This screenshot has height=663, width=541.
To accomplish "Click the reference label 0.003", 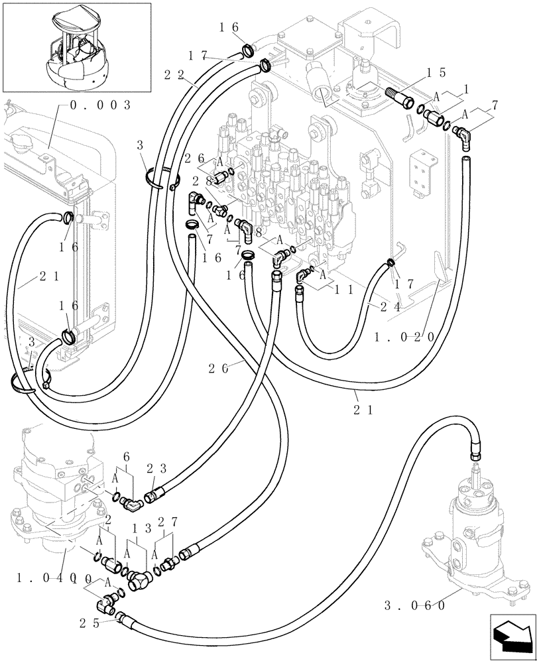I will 99,105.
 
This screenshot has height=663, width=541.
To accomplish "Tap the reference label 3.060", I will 414,605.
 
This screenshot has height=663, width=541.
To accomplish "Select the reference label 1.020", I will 404,337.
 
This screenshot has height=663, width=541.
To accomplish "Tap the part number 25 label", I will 90,623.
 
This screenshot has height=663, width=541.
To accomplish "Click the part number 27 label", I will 169,523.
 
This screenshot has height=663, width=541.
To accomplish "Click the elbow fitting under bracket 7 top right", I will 461,137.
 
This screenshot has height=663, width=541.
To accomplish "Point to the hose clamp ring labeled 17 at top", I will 265,65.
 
